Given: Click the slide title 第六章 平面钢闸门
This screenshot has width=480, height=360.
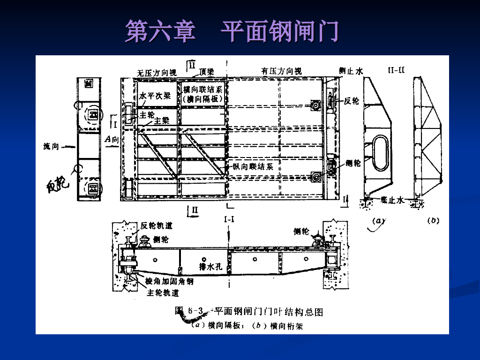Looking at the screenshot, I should (x=232, y=31).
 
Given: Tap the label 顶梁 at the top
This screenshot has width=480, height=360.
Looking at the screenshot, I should (x=206, y=72).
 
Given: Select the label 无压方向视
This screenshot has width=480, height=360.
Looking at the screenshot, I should (x=157, y=73).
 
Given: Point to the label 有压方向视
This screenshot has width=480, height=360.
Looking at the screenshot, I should (x=281, y=71).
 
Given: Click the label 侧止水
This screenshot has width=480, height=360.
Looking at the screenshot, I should (x=351, y=71).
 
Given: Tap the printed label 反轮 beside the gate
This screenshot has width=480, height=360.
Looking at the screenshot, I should (x=351, y=101).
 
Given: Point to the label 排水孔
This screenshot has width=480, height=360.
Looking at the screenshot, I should (x=210, y=267).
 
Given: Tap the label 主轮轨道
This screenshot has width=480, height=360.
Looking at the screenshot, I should (x=163, y=293).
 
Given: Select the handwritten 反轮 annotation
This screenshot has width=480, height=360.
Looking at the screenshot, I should (x=57, y=185).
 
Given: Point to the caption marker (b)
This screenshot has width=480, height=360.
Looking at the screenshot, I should (x=432, y=220).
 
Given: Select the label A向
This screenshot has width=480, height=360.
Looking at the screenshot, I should (x=112, y=139).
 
